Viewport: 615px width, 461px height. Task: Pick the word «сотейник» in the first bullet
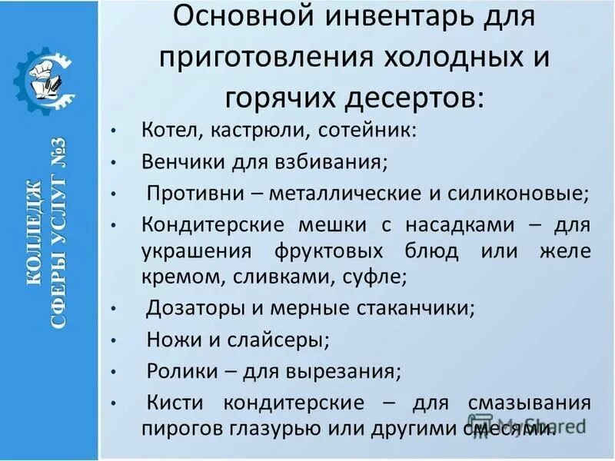coord(367,129)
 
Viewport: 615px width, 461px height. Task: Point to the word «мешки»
coord(317,225)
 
